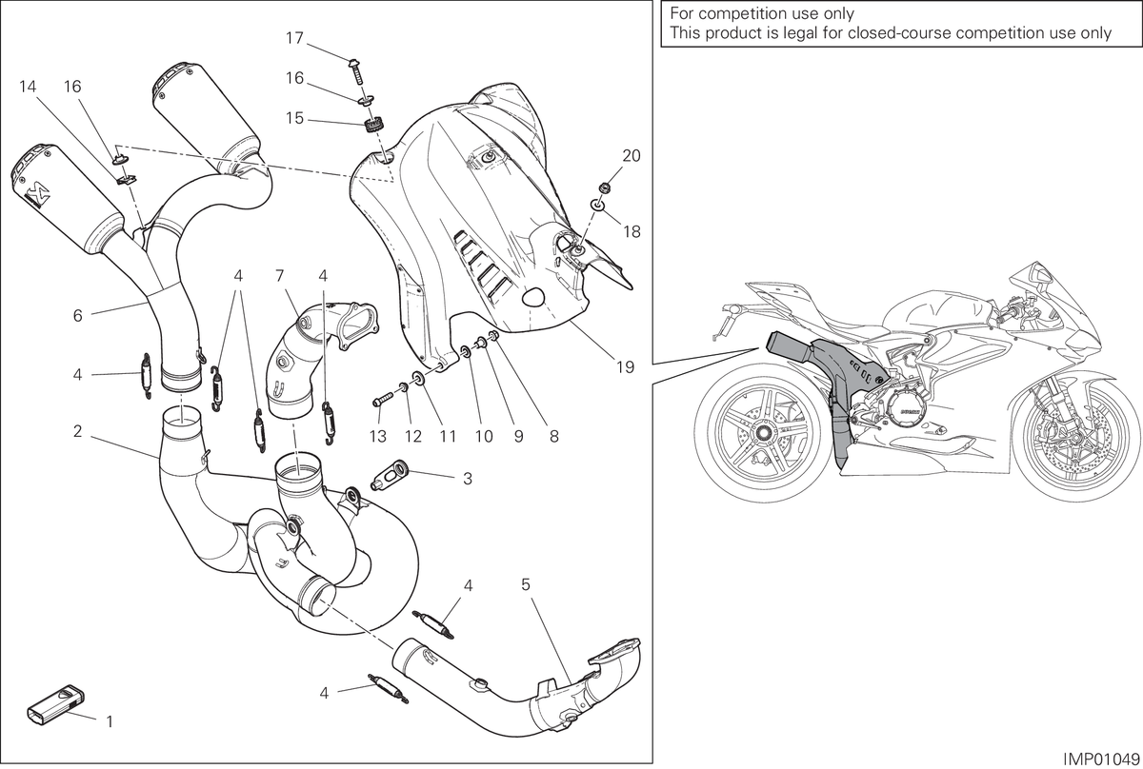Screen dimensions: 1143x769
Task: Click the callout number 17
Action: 294,38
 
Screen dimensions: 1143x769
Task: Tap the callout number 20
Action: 632,155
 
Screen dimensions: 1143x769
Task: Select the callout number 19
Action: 625,367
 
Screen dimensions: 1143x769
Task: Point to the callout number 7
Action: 279,276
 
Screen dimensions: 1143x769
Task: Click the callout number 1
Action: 110,721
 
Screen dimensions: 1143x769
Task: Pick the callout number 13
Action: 378,437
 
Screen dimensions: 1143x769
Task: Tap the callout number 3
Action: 468,479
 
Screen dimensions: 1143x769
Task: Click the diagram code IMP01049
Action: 1101,759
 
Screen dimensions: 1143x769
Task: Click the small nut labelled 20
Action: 602,187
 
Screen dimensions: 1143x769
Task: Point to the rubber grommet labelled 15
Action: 375,125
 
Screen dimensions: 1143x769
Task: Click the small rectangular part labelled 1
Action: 55,703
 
